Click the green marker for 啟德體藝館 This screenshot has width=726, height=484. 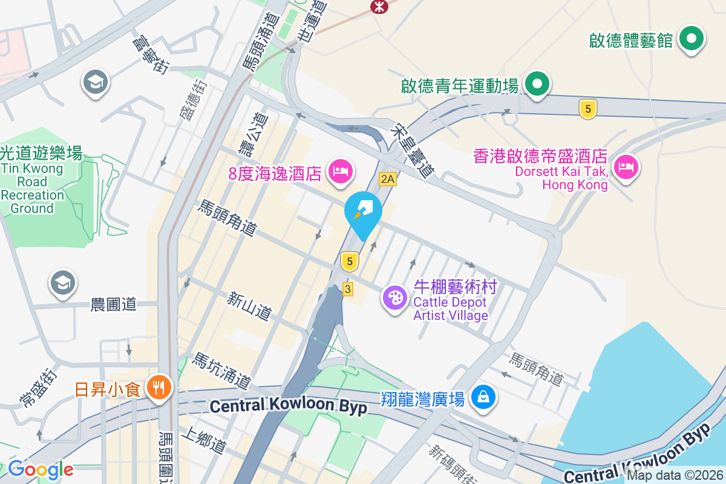(692, 39)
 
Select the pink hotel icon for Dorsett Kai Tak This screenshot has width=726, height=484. (626, 166)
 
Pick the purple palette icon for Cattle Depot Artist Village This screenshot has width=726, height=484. (394, 298)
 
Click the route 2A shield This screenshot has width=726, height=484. (388, 178)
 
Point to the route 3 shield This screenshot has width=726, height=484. (347, 289)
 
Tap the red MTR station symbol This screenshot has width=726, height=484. (380, 6)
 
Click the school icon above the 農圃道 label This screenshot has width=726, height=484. (63, 282)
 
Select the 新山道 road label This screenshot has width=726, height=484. (249, 306)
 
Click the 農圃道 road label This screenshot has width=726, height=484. (114, 304)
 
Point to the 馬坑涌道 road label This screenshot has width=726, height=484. (221, 371)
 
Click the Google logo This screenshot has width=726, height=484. (40, 469)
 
